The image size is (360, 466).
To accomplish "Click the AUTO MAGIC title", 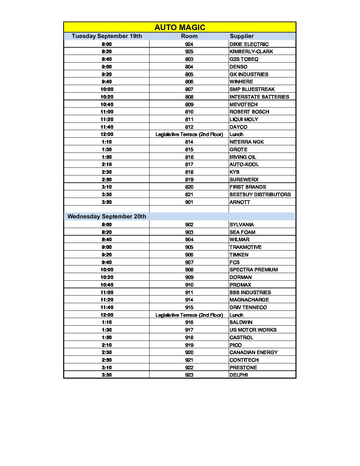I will point(180,27).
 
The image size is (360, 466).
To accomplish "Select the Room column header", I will point(189,36).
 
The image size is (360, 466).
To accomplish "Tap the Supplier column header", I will point(242,36).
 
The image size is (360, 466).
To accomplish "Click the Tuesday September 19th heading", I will point(107,36).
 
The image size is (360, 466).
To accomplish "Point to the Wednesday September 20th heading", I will point(107,216).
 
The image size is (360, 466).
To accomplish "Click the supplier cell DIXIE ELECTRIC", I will point(249,44).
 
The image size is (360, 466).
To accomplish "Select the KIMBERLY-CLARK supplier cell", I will point(251,52).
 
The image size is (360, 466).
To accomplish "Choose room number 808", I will point(189,97).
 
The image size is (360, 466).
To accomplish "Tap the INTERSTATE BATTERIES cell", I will point(259,97).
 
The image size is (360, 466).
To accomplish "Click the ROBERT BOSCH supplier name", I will point(249,112).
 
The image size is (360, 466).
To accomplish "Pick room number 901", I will point(189,202).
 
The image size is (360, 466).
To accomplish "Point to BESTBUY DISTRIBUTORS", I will point(260,195).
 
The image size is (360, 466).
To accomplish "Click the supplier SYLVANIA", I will point(242,225).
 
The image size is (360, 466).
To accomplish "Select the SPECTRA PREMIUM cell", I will point(253,270).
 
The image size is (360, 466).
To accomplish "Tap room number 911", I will point(189,293).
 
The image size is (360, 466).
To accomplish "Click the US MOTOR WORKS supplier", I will point(253,330).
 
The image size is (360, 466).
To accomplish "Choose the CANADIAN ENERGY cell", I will point(253,352).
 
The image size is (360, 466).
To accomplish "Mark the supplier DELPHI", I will point(239,375).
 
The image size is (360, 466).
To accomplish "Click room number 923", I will point(189,375).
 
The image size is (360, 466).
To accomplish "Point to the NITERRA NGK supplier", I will point(247,142).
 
